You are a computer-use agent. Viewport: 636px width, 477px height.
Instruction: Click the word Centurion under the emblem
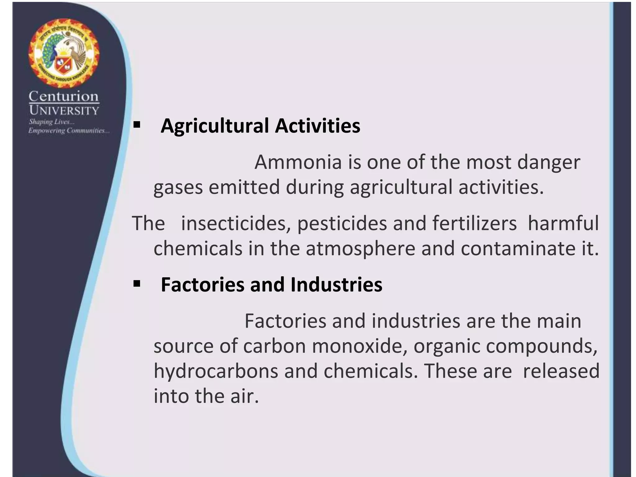point(64,97)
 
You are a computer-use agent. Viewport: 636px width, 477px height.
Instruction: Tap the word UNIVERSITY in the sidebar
point(64,111)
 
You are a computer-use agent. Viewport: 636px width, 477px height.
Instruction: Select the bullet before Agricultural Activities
point(136,125)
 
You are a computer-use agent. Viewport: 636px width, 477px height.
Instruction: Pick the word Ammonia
point(298,162)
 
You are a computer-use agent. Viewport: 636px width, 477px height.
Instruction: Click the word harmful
point(563,223)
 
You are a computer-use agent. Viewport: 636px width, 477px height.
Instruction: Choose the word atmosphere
point(360,249)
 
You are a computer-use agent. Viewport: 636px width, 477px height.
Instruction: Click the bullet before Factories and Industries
point(136,284)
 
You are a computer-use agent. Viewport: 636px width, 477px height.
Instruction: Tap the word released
point(561,371)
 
